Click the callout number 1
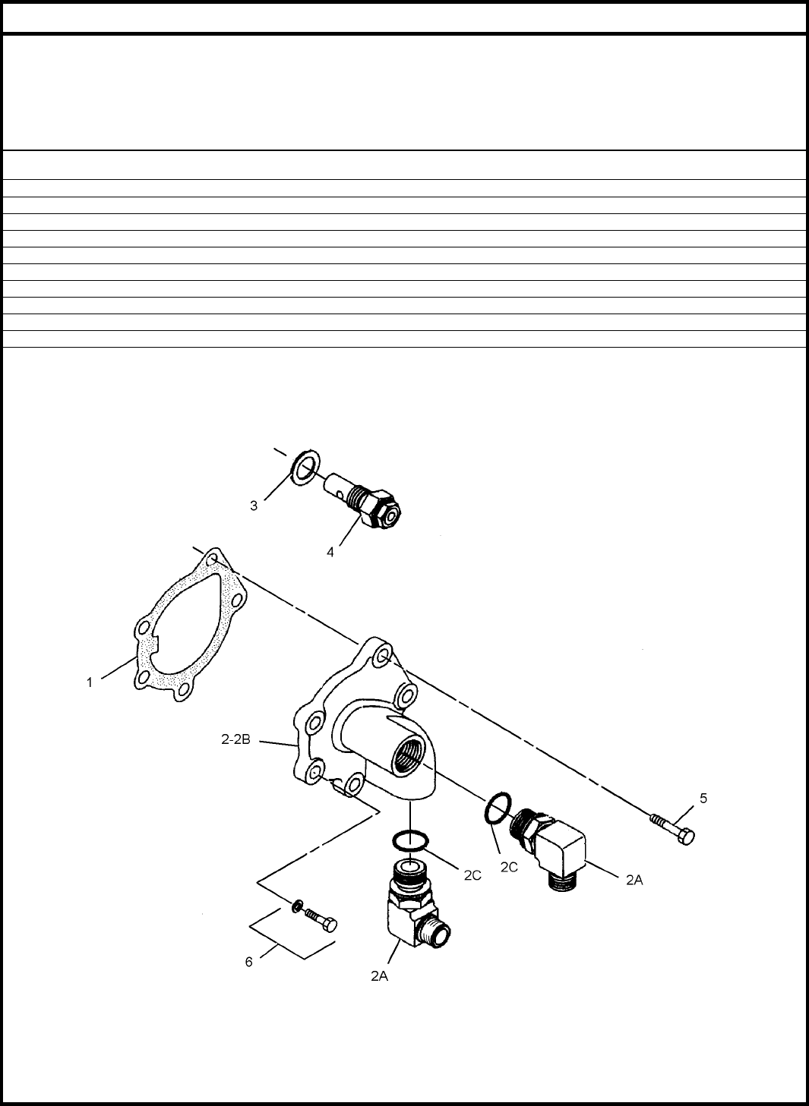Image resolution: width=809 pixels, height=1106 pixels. pyautogui.click(x=90, y=683)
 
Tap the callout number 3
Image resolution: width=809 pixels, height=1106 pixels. pyautogui.click(x=254, y=506)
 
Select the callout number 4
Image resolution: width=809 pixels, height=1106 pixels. pyautogui.click(x=330, y=552)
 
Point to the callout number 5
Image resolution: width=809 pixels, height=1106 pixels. pyautogui.click(x=703, y=798)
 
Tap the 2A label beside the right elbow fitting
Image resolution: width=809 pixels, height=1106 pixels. pyautogui.click(x=634, y=880)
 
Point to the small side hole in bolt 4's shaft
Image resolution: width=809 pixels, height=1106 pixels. pyautogui.click(x=339, y=491)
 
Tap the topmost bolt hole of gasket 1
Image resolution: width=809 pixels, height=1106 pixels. pyautogui.click(x=212, y=559)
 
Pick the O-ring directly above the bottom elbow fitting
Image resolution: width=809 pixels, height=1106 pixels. pyautogui.click(x=410, y=840)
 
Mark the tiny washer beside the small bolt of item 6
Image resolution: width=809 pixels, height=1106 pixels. pyautogui.click(x=297, y=906)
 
